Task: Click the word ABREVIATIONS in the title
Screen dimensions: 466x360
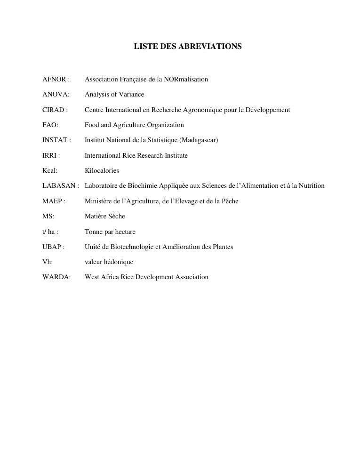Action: tap(215, 47)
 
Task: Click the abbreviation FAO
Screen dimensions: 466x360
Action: tap(49, 125)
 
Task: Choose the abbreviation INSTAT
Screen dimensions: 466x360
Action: tap(55, 140)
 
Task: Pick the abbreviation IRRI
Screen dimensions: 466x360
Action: tap(49, 155)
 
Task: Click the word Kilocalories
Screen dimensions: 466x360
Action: tap(102, 170)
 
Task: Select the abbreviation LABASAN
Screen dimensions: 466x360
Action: tap(59, 186)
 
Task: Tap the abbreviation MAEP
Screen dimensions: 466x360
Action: tap(52, 201)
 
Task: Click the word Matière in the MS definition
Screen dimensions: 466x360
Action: tap(96, 217)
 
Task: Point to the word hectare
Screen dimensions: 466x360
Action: tap(125, 232)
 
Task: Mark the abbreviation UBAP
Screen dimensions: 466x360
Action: tap(52, 247)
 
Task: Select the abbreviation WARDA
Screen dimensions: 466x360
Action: tap(56, 277)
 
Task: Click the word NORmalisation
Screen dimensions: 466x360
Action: tap(186, 79)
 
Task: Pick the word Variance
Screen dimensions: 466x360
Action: tap(131, 95)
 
